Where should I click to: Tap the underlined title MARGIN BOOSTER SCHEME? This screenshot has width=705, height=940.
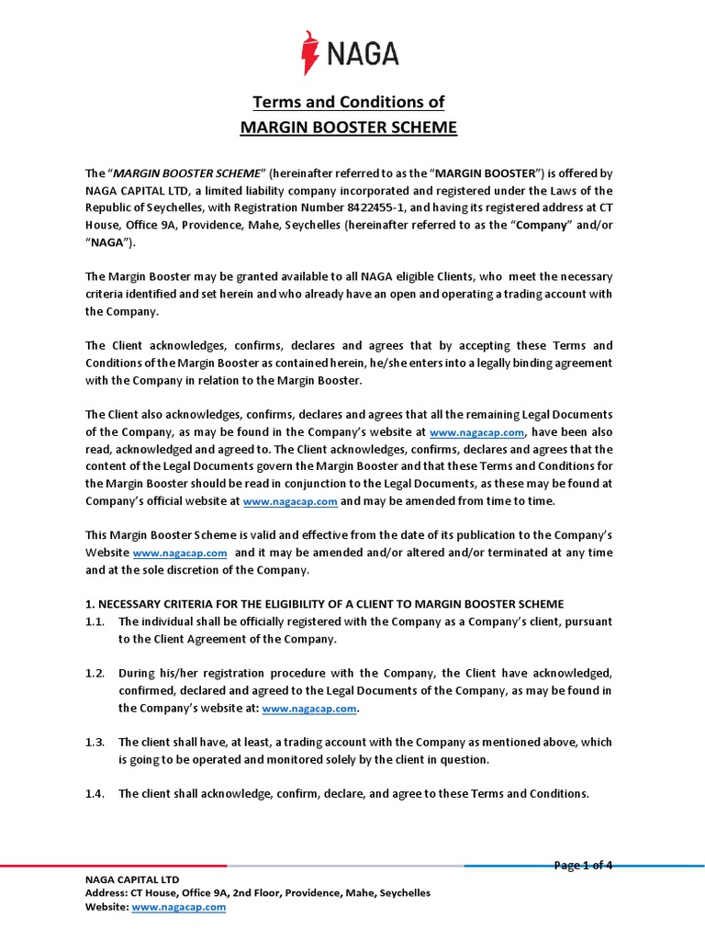[x=348, y=127]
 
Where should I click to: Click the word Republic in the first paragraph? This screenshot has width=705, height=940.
[x=113, y=207]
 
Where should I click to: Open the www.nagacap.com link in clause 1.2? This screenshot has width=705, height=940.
[x=309, y=709]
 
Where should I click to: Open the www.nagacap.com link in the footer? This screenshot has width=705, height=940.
[x=179, y=907]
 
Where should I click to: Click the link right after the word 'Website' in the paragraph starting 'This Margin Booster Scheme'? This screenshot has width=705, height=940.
[x=180, y=554]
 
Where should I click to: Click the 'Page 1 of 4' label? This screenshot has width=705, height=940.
[x=583, y=865]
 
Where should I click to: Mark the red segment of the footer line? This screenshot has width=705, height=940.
[x=110, y=866]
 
